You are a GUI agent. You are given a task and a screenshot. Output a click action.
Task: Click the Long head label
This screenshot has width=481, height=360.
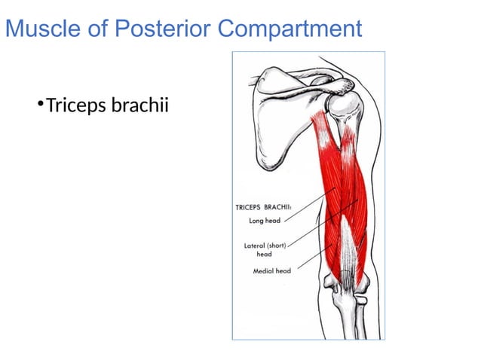[265, 221]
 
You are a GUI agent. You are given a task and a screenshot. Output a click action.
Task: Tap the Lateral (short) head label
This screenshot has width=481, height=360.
[265, 246]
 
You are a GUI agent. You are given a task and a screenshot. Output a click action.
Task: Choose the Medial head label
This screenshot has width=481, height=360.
[271, 270]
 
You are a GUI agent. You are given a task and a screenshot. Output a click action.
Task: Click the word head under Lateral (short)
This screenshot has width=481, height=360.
[265, 254]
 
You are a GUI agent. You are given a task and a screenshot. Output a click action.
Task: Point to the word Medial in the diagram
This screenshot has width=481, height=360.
[263, 270]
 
